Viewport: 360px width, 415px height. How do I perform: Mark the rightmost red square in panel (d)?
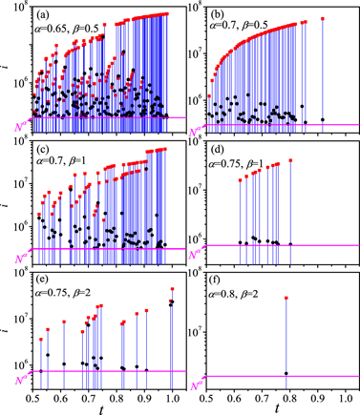(x=290, y=160)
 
